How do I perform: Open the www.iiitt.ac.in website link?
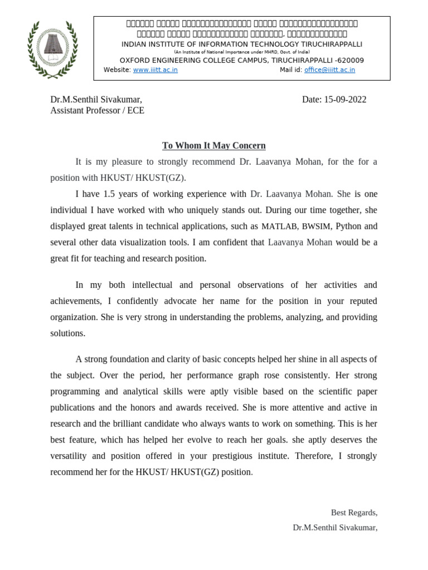pyautogui.click(x=155, y=70)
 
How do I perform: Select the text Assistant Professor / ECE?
pyautogui.click(x=97, y=110)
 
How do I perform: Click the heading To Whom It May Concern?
pyautogui.click(x=214, y=146)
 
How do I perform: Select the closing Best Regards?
pyautogui.click(x=354, y=513)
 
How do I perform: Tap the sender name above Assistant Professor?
pyautogui.click(x=96, y=100)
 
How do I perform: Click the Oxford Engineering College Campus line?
pyautogui.click(x=242, y=60)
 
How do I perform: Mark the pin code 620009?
pyautogui.click(x=349, y=60)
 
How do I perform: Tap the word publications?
pyautogui.click(x=76, y=407)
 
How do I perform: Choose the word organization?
pyautogui.click(x=74, y=317)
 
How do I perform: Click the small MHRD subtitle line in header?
pyautogui.click(x=242, y=52)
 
